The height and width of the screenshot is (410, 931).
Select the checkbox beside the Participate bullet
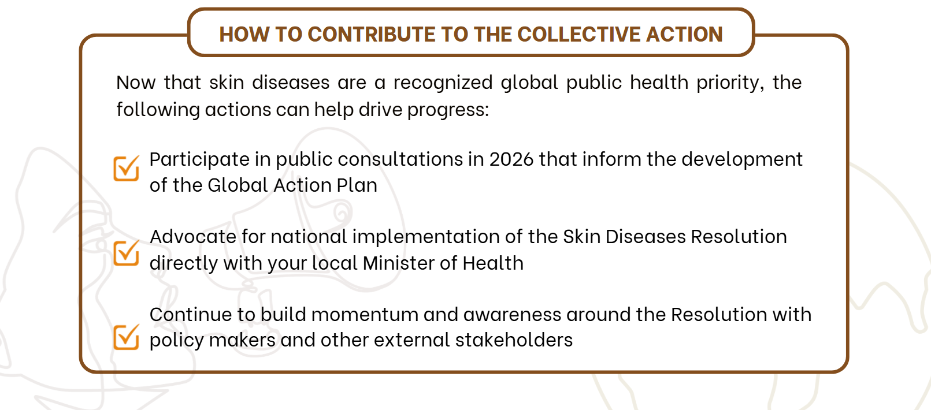click(127, 168)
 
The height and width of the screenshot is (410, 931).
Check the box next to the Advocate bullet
click(127, 252)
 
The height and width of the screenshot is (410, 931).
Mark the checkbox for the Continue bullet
click(127, 337)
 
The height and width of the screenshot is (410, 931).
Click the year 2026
click(511, 159)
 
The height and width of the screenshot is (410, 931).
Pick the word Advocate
click(193, 237)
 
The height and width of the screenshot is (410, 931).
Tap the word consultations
click(400, 159)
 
